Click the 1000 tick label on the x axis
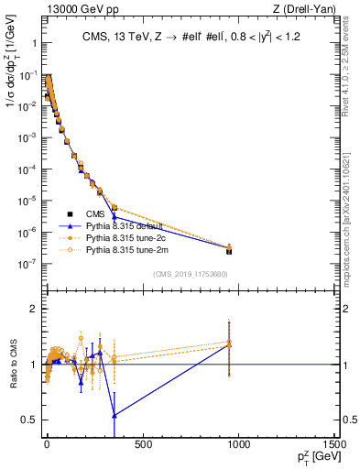pos(238,445)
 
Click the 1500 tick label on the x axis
pos(334,445)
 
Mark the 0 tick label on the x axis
pos(47,445)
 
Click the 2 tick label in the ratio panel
pos(31,309)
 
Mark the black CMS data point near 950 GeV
pos(229,251)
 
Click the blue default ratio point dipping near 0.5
pos(115,416)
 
